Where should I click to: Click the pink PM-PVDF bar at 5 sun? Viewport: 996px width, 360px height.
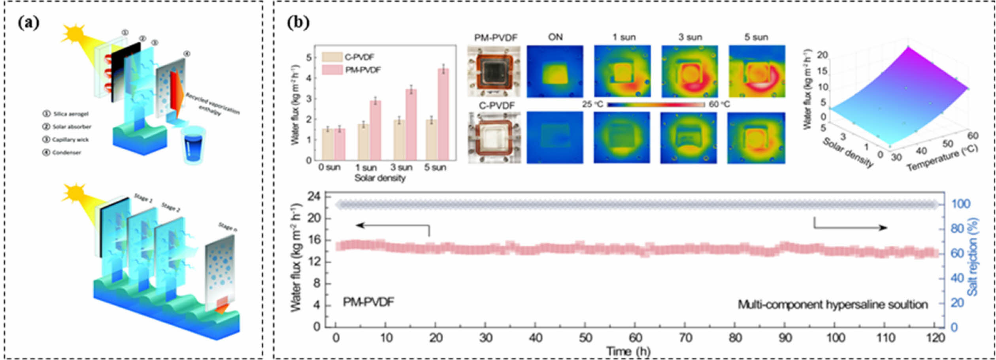443,114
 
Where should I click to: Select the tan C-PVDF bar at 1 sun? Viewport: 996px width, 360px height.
363,142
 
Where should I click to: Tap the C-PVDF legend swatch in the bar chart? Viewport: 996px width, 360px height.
332,57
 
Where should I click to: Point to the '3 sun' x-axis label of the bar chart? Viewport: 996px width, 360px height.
401,168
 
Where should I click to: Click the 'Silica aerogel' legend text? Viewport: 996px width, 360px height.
71,114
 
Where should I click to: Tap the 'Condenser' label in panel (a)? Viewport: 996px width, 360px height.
66,153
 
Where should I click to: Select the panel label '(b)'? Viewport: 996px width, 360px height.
298,23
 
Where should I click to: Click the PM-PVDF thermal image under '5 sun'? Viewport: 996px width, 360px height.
757,72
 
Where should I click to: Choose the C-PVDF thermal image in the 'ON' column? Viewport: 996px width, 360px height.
555,138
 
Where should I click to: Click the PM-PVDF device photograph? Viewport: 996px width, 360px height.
494,72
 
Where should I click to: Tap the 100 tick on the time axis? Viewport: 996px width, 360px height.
836,338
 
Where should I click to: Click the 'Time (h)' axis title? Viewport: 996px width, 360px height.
628,351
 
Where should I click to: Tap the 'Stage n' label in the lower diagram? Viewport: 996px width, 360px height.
228,227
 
